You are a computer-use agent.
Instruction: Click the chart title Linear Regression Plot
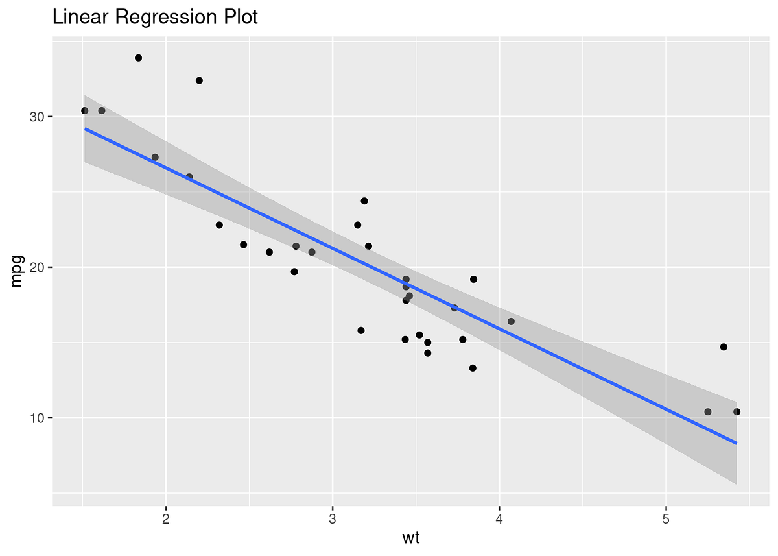[x=155, y=18]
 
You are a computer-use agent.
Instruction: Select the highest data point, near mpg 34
[x=138, y=58]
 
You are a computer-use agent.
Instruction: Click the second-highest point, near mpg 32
[x=199, y=80]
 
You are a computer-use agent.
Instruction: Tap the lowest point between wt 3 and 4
[x=473, y=368]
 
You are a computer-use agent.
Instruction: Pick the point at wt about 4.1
[x=511, y=321]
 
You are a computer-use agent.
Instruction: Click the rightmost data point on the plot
[x=737, y=411]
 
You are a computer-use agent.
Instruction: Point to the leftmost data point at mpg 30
[x=84, y=110]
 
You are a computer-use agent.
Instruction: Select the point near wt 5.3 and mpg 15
[x=724, y=347]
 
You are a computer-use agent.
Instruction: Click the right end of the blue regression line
[x=737, y=443]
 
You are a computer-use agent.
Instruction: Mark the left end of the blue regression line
[x=85, y=128]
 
